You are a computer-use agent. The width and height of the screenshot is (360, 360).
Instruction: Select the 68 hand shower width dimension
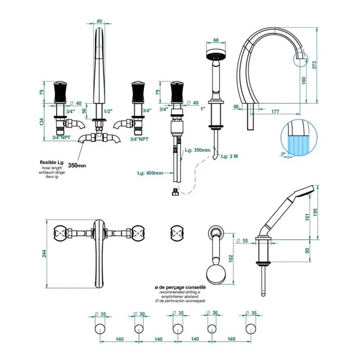tap(216, 40)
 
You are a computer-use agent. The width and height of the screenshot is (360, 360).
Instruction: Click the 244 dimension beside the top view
tap(46, 253)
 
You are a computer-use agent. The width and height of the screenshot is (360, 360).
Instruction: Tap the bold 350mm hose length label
tap(77, 166)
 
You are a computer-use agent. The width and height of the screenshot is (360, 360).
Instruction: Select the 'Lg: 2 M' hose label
tap(229, 156)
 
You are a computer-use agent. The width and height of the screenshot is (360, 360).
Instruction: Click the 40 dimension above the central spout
tap(99, 21)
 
